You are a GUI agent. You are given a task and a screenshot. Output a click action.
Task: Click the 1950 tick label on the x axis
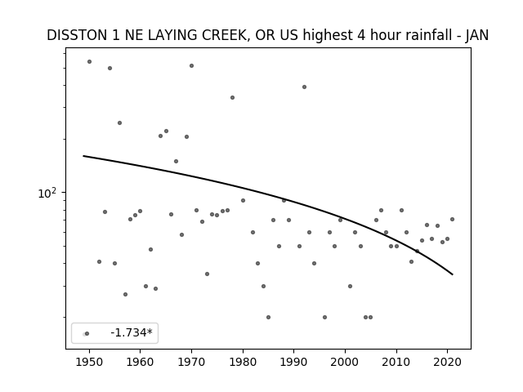pos(89,362)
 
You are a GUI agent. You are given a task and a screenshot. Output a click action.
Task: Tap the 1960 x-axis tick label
pos(140,362)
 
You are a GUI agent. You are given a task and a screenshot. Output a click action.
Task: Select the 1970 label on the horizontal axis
pos(191,362)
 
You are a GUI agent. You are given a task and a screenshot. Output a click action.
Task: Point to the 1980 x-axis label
pos(243,362)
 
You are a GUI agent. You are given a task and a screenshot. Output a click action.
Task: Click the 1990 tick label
pos(294,362)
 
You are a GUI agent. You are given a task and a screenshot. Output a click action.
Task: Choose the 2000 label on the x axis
pos(345,362)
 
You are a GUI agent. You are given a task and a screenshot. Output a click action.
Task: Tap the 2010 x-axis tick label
pos(396,362)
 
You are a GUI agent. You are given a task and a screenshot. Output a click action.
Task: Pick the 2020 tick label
pos(448,362)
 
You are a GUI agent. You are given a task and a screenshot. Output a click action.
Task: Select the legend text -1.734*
pos(132,332)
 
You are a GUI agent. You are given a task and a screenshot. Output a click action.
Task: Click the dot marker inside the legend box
pos(87,334)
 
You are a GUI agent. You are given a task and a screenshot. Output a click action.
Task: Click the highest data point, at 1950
pos(89,62)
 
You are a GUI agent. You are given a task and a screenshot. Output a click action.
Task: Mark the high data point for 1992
pos(304,87)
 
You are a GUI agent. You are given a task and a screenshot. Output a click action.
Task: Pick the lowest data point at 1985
pos(268,318)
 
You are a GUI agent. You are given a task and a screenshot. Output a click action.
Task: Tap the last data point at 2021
pos(452,220)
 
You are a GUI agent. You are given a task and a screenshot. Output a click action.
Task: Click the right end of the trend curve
pos(453,274)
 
